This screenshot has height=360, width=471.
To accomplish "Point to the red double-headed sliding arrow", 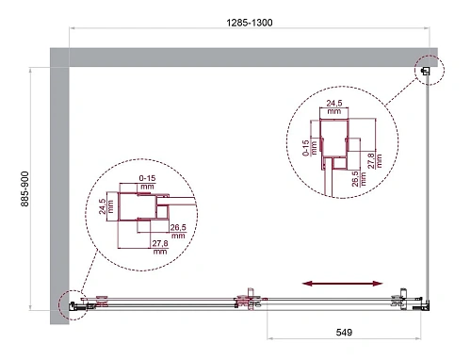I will tap(344, 282).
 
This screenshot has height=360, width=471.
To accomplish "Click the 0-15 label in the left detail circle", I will tap(147, 179).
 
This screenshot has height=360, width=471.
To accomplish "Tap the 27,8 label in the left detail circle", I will tap(160, 247).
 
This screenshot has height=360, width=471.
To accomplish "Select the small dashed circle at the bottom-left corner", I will tap(71, 303).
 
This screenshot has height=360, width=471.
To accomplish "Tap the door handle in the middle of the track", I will tap(248, 301).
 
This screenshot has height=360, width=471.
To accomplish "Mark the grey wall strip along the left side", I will tap(61, 188).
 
